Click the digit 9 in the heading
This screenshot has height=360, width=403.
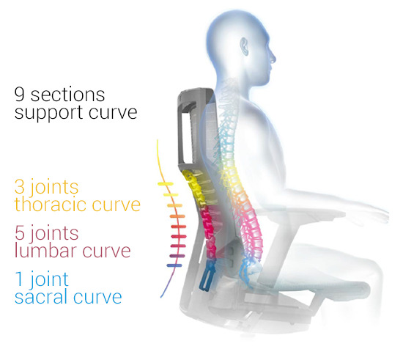19,94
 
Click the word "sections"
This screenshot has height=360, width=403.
68,95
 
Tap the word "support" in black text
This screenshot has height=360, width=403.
48,113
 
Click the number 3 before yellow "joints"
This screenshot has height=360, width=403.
20,186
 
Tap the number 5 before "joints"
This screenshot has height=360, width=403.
20,232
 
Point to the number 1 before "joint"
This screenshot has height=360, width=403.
19,279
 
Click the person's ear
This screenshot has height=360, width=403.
245,46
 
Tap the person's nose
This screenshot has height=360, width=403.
273,59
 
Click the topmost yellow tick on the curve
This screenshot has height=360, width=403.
166,184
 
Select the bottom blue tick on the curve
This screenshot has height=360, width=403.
174,265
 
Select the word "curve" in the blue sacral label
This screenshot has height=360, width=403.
97,297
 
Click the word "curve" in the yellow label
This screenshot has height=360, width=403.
117,205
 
